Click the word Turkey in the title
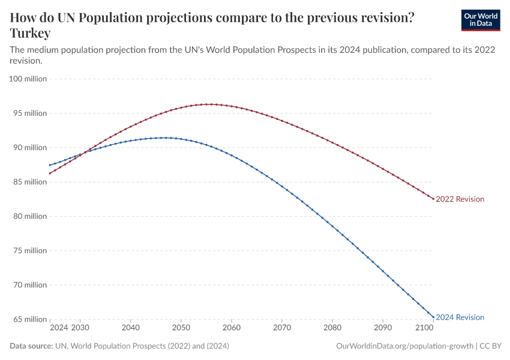pos(30,34)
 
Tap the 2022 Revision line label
pos(460,199)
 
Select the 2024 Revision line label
pos(460,317)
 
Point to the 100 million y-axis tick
pos(26,79)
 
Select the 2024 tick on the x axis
pos(59,328)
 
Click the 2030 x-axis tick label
pos(80,328)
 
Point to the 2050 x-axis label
pos(181,328)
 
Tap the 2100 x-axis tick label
pos(424,328)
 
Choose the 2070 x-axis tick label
pos(282,328)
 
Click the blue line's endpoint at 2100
pos(433,317)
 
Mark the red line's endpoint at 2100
pos(433,199)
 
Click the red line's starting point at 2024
pos(50,173)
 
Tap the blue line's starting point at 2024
pos(50,165)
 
